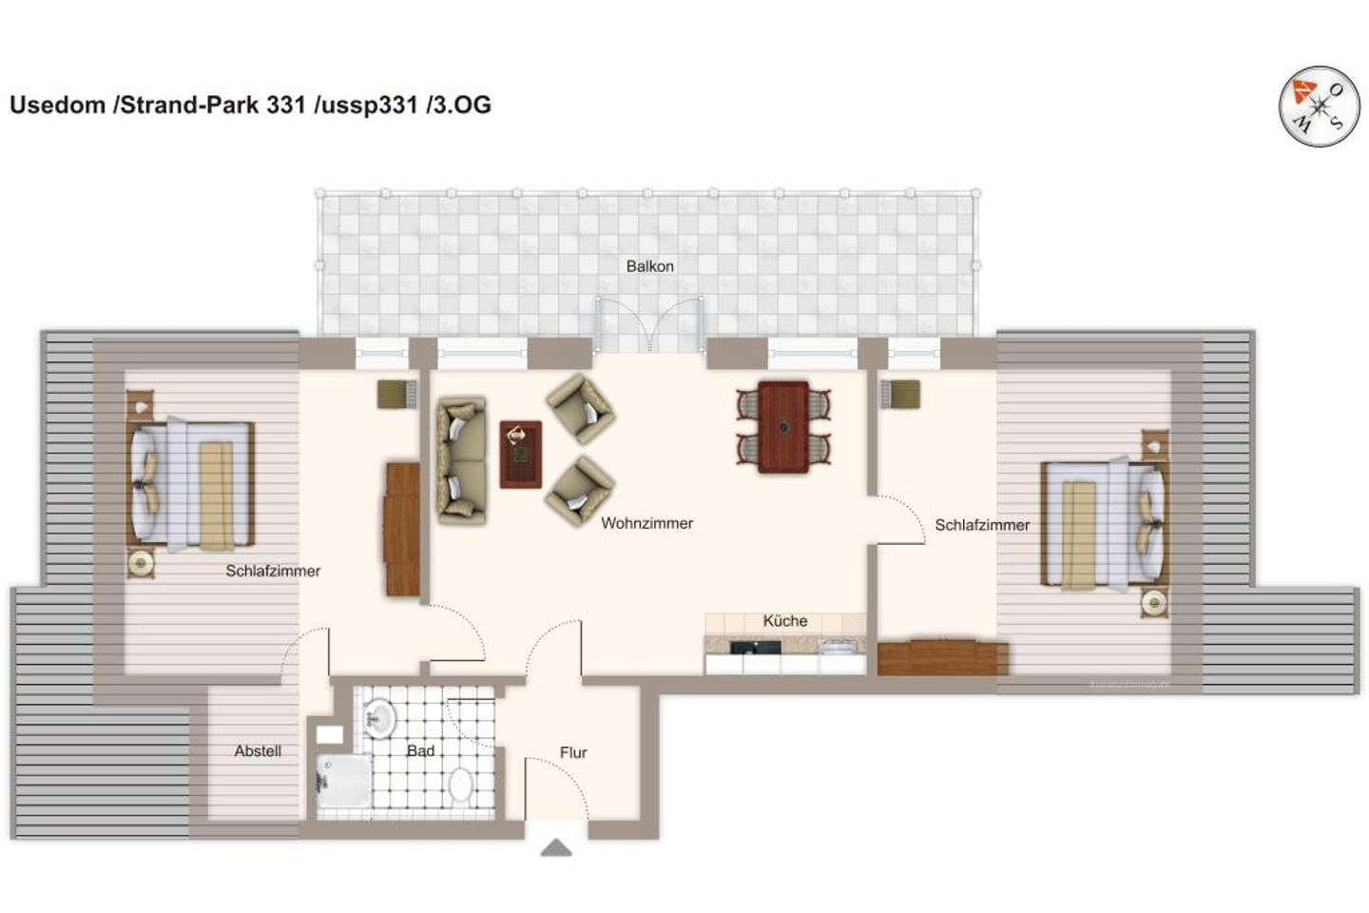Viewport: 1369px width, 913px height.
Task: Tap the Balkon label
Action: click(649, 266)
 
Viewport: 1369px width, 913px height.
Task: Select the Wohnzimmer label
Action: click(646, 523)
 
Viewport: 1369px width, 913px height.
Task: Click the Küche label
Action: click(784, 621)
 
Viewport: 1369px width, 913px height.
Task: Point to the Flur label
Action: click(573, 752)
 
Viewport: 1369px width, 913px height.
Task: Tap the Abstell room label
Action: click(258, 750)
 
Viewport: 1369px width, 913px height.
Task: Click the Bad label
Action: click(420, 750)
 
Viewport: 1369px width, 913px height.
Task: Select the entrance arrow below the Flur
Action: click(556, 847)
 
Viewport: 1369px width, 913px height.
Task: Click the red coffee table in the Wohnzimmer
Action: click(521, 455)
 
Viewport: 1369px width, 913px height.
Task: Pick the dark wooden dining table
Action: click(783, 427)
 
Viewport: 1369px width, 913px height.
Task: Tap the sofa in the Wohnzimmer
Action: click(462, 460)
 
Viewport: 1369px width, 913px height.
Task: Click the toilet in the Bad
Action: click(461, 785)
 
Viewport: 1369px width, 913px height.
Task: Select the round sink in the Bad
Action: click(380, 719)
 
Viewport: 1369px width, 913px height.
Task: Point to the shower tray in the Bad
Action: click(344, 780)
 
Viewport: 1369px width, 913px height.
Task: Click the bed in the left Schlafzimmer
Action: click(191, 484)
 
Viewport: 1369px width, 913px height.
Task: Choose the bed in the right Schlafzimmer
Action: click(1105, 523)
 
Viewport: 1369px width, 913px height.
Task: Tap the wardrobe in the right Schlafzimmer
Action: click(942, 657)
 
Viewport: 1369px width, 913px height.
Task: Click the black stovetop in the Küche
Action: click(756, 647)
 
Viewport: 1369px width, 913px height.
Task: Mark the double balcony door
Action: click(649, 324)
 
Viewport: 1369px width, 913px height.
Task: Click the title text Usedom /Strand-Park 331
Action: click(158, 105)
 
